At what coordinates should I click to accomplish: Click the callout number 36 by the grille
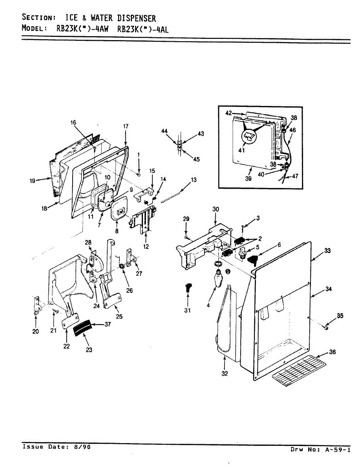(332, 352)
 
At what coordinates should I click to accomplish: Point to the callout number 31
(187, 310)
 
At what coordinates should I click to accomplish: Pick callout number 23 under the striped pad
(89, 350)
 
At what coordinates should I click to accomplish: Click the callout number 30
(216, 209)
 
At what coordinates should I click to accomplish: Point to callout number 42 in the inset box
(229, 113)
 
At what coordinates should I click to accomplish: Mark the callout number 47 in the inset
(295, 176)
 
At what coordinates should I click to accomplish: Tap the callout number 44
(164, 131)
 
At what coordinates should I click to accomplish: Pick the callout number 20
(35, 331)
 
